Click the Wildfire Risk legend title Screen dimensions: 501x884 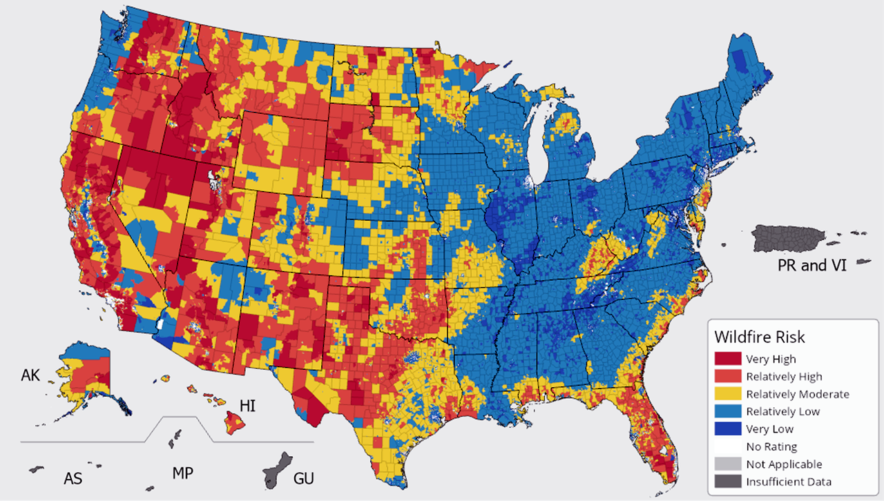pyautogui.click(x=760, y=337)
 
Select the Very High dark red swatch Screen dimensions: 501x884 pyautogui.click(x=728, y=359)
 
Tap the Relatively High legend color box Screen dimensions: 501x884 pyautogui.click(x=728, y=377)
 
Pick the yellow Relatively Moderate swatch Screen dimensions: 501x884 pyautogui.click(x=728, y=394)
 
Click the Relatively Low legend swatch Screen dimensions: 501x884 pyautogui.click(x=728, y=411)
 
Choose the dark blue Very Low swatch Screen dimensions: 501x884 pyautogui.click(x=728, y=429)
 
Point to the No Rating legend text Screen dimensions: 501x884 pyautogui.click(x=771, y=446)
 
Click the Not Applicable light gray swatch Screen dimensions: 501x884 pyautogui.click(x=728, y=464)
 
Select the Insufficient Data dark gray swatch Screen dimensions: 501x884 pyautogui.click(x=728, y=482)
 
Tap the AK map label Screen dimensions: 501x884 pyautogui.click(x=31, y=375)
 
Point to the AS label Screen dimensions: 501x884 pyautogui.click(x=73, y=478)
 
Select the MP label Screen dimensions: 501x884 pyautogui.click(x=182, y=473)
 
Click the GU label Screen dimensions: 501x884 pyautogui.click(x=305, y=478)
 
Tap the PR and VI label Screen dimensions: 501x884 pyautogui.click(x=811, y=265)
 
